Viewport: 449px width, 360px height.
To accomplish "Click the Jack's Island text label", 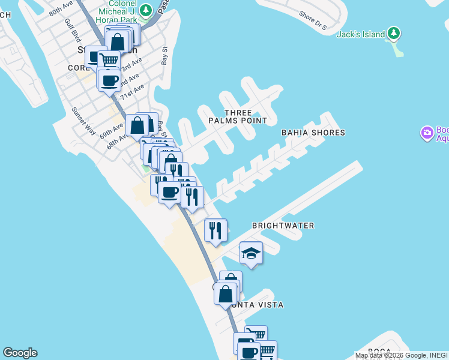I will [x=360, y=34].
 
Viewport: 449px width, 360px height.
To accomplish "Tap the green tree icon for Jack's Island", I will [x=393, y=33].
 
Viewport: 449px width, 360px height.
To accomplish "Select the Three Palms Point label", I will [x=238, y=116].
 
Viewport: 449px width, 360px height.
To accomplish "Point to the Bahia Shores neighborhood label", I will [x=313, y=133].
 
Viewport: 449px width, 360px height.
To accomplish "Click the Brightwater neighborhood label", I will [x=283, y=226].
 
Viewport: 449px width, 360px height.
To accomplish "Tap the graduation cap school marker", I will [x=252, y=253].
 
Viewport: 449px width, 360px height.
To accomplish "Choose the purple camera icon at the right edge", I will [x=427, y=133].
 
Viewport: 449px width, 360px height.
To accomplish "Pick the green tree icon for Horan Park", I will [x=145, y=10].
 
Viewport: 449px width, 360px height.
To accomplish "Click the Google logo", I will [x=20, y=353].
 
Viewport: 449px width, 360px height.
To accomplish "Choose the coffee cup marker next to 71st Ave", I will [x=109, y=81].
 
